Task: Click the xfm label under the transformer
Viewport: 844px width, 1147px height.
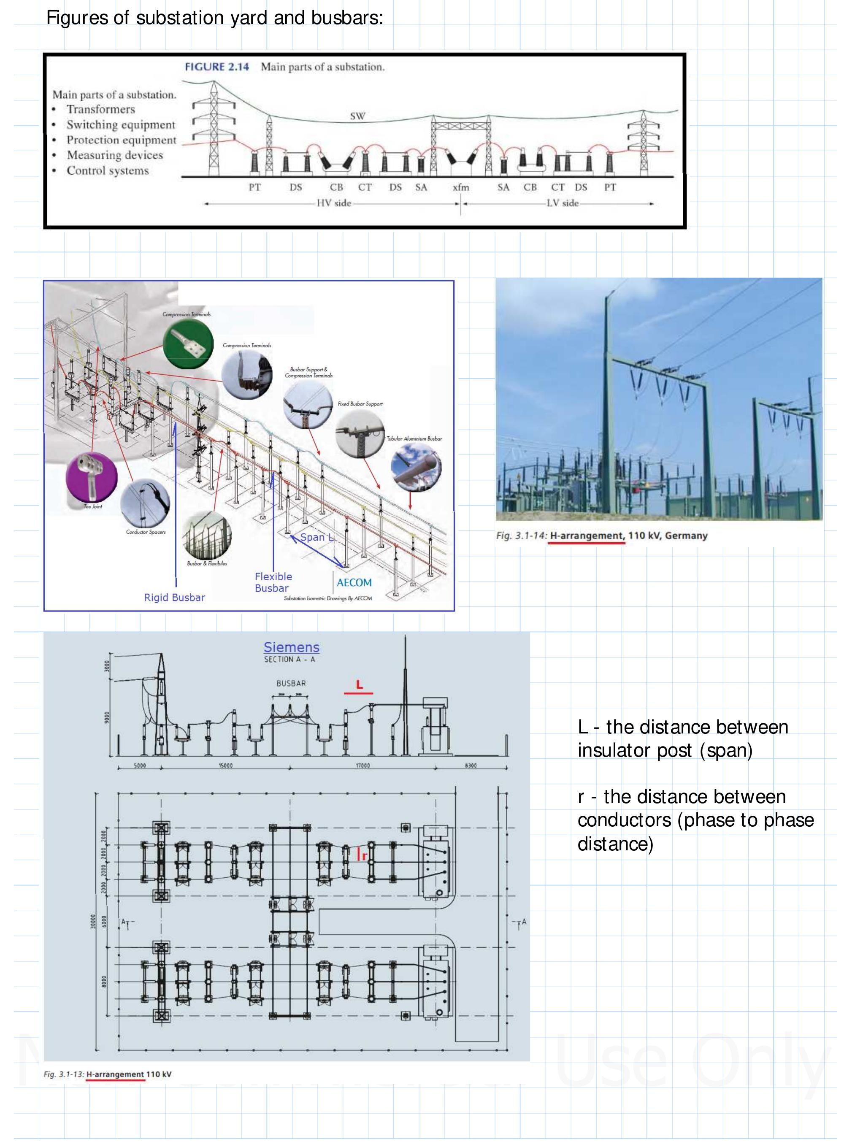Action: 461,187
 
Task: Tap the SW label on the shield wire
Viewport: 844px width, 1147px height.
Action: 357,116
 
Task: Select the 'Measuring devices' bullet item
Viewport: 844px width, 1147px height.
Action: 114,155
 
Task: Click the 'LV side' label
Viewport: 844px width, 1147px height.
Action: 563,203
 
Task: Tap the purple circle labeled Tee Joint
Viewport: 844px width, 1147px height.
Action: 92,477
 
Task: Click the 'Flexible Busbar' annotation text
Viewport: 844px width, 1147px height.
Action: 273,582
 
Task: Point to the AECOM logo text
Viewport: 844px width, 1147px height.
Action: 354,582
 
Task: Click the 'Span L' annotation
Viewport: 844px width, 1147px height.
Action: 317,537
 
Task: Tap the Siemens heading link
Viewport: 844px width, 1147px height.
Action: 291,647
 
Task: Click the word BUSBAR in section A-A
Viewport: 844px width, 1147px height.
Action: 291,683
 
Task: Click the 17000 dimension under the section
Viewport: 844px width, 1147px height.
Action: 363,766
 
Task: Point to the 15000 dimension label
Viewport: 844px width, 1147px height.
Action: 225,766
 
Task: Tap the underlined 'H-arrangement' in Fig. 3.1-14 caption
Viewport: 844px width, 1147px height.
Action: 587,536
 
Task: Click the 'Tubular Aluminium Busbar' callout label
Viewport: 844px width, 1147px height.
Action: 414,438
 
